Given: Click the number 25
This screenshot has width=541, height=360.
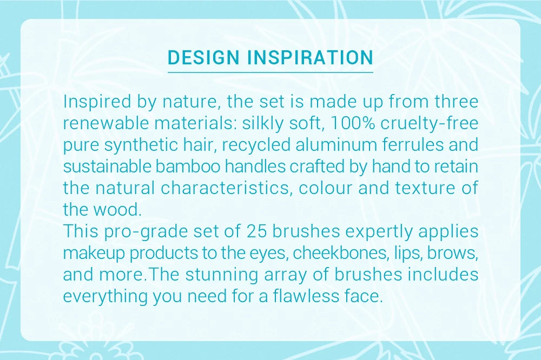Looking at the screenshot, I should click(257, 231).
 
